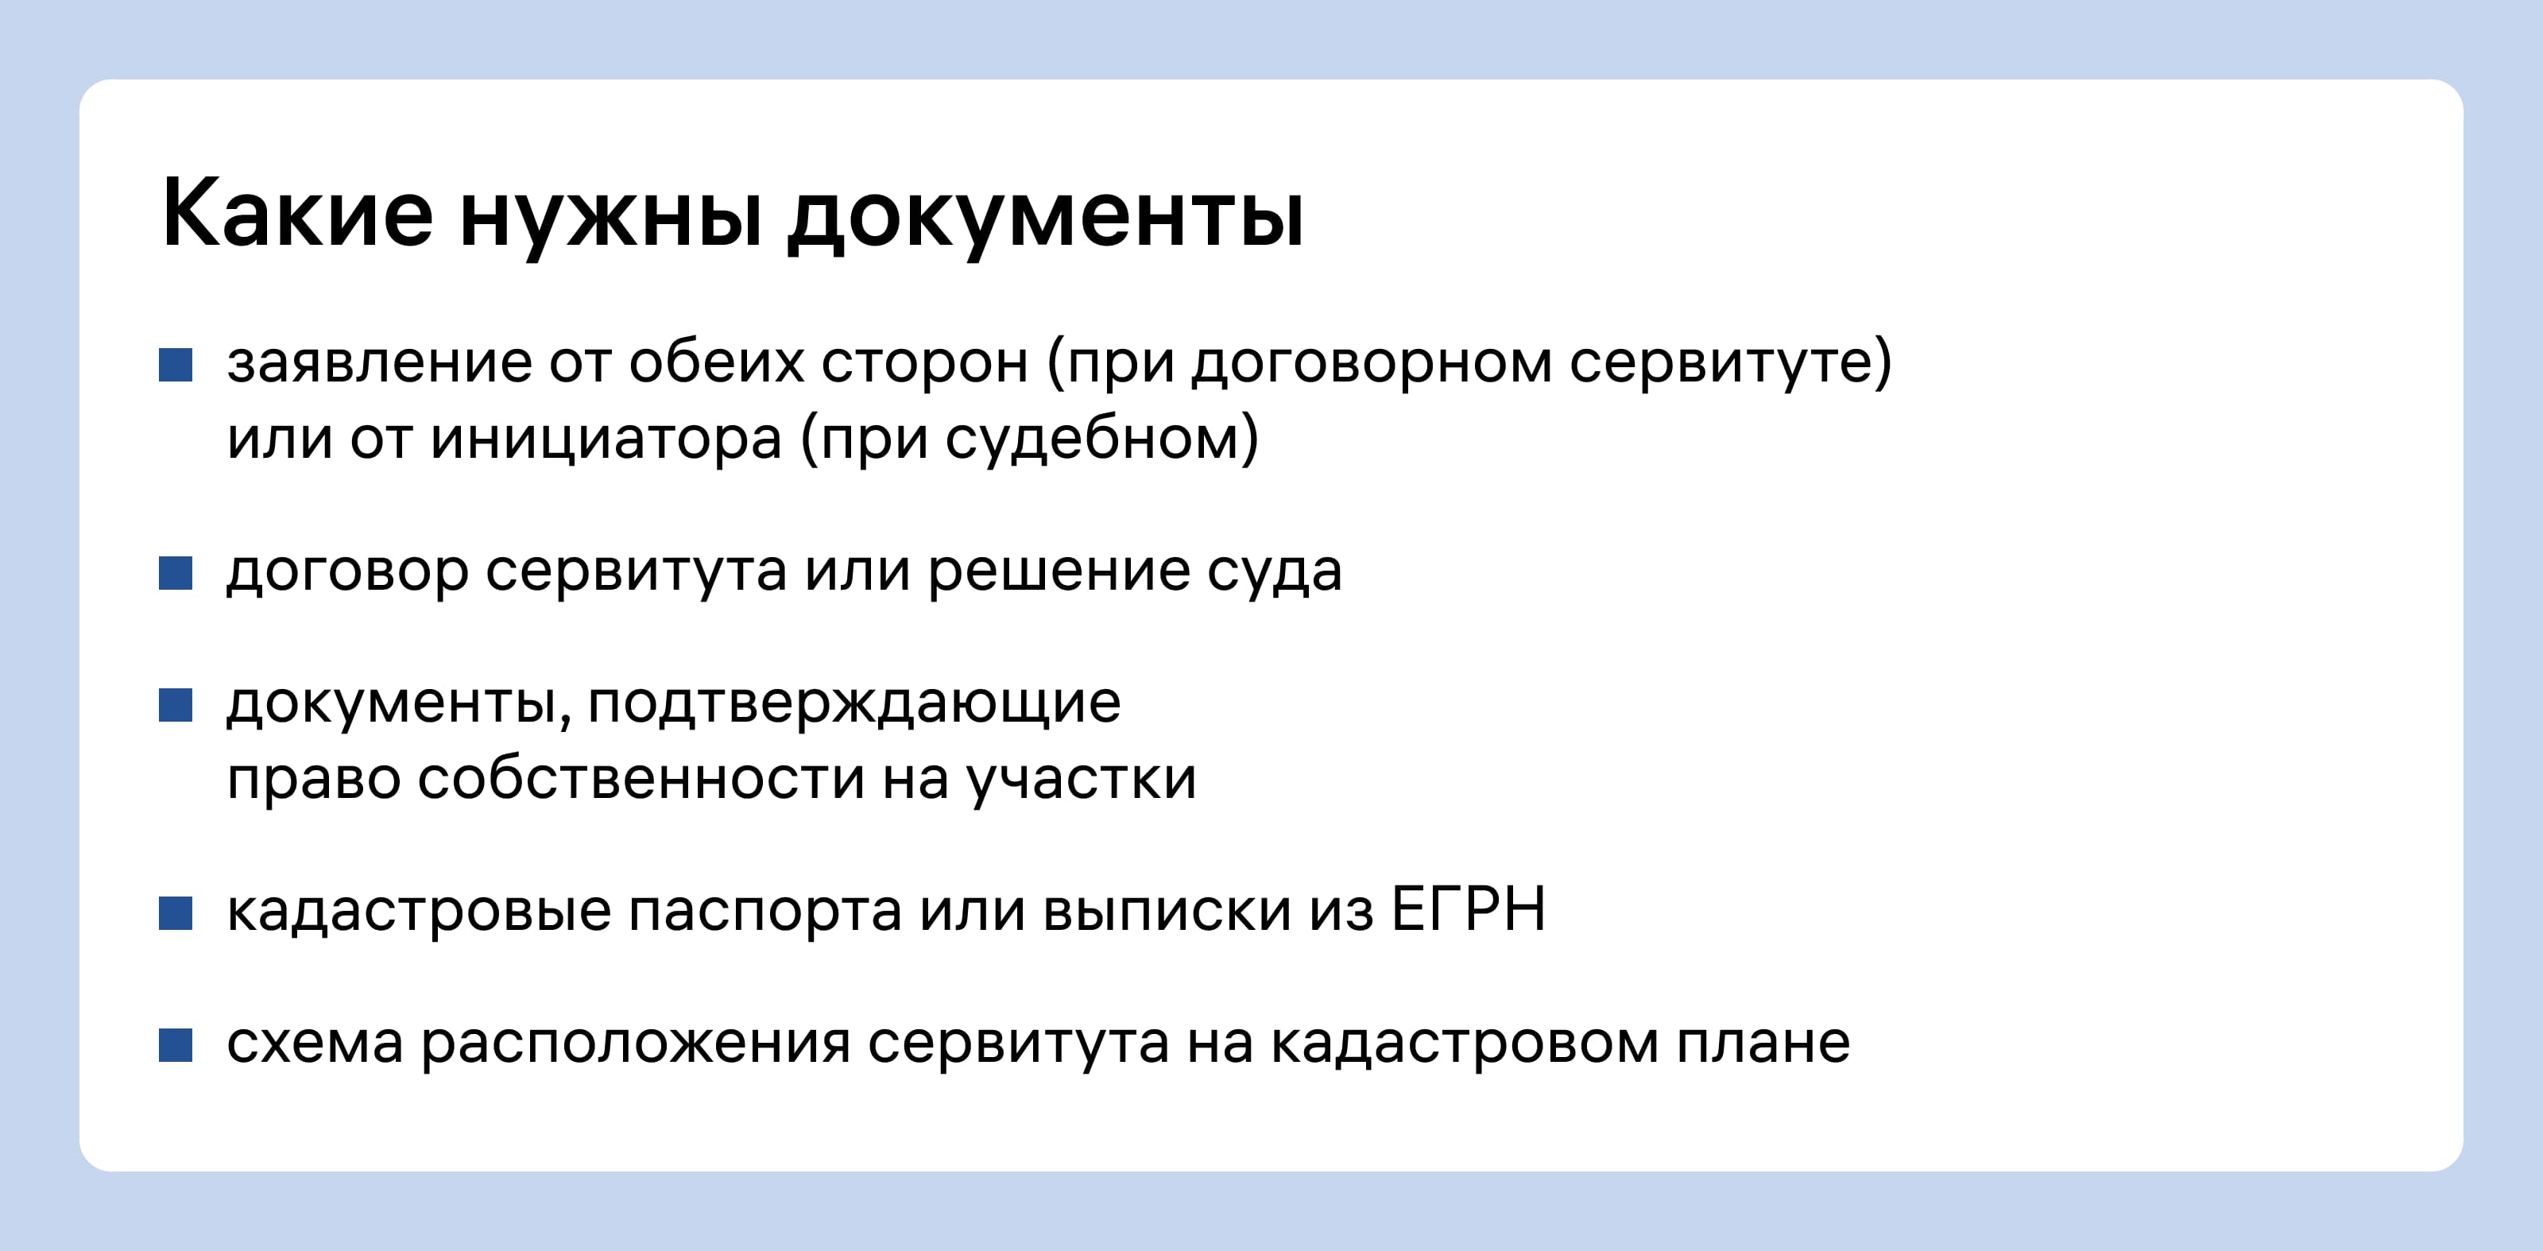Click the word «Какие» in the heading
click(297, 212)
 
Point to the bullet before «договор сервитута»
click(176, 573)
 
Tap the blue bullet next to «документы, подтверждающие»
click(176, 705)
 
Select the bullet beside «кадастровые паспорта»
click(176, 913)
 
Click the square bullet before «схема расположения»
click(176, 1044)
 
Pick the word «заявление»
click(379, 363)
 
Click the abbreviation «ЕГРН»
click(1469, 909)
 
